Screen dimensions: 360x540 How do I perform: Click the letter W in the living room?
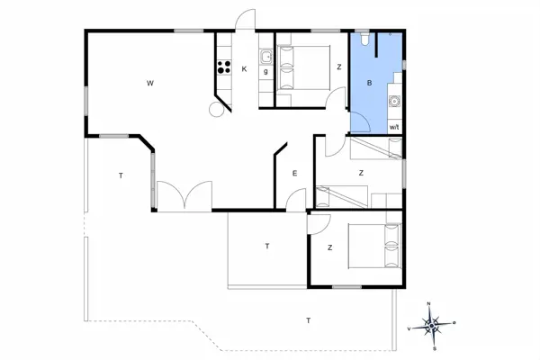(x=150, y=83)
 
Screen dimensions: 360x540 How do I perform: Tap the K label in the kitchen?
(x=244, y=68)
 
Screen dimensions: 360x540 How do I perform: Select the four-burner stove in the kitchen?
(x=222, y=66)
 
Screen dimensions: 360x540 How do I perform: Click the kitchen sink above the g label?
(x=266, y=57)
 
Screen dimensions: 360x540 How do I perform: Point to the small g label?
(x=266, y=69)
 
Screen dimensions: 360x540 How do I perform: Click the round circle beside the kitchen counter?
(x=216, y=109)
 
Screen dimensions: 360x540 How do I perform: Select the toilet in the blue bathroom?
(x=362, y=40)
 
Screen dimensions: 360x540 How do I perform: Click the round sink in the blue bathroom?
(x=393, y=101)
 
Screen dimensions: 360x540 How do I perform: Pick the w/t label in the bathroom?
(x=393, y=128)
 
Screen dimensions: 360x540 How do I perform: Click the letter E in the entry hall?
(x=293, y=173)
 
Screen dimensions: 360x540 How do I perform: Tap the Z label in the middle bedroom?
(x=360, y=172)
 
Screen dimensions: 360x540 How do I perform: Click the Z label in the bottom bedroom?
(x=330, y=247)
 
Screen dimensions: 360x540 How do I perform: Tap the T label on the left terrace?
(x=120, y=175)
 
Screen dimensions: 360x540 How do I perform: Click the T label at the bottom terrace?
(x=309, y=320)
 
